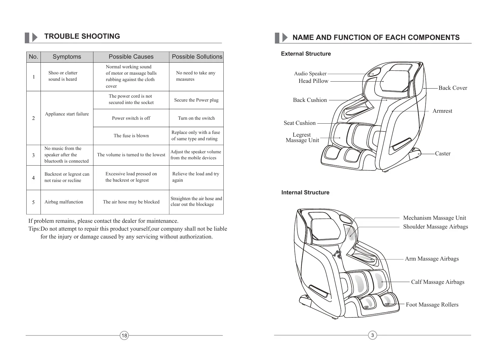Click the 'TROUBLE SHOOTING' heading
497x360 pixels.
pyautogui.click(x=82, y=36)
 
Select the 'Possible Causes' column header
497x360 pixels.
pyautogui.click(x=131, y=57)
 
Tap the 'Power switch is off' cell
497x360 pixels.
pyautogui.click(x=131, y=118)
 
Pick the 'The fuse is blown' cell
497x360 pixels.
pyautogui.click(x=131, y=136)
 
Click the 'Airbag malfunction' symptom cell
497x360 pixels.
pyautogui.click(x=63, y=202)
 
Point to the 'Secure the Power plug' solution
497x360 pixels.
pyautogui.click(x=196, y=100)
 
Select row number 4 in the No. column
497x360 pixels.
pyautogui.click(x=33, y=178)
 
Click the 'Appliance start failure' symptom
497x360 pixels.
pyautogui.click(x=67, y=114)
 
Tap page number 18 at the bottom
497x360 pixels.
pyautogui.click(x=124, y=335)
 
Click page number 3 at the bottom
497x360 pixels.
pyautogui.click(x=372, y=335)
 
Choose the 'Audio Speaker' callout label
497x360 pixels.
pyautogui.click(x=310, y=73)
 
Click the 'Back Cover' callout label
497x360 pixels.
pyautogui.click(x=453, y=88)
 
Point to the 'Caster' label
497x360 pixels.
pyautogui.click(x=443, y=154)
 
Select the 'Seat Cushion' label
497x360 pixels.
pyautogui.click(x=299, y=123)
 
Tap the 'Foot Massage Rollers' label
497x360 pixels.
pyautogui.click(x=432, y=305)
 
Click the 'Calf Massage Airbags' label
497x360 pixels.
pyautogui.click(x=437, y=282)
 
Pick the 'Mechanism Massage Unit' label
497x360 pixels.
pyautogui.click(x=434, y=218)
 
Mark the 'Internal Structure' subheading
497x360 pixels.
pyautogui.click(x=305, y=193)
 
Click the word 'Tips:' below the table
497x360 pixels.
pyautogui.click(x=34, y=229)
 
